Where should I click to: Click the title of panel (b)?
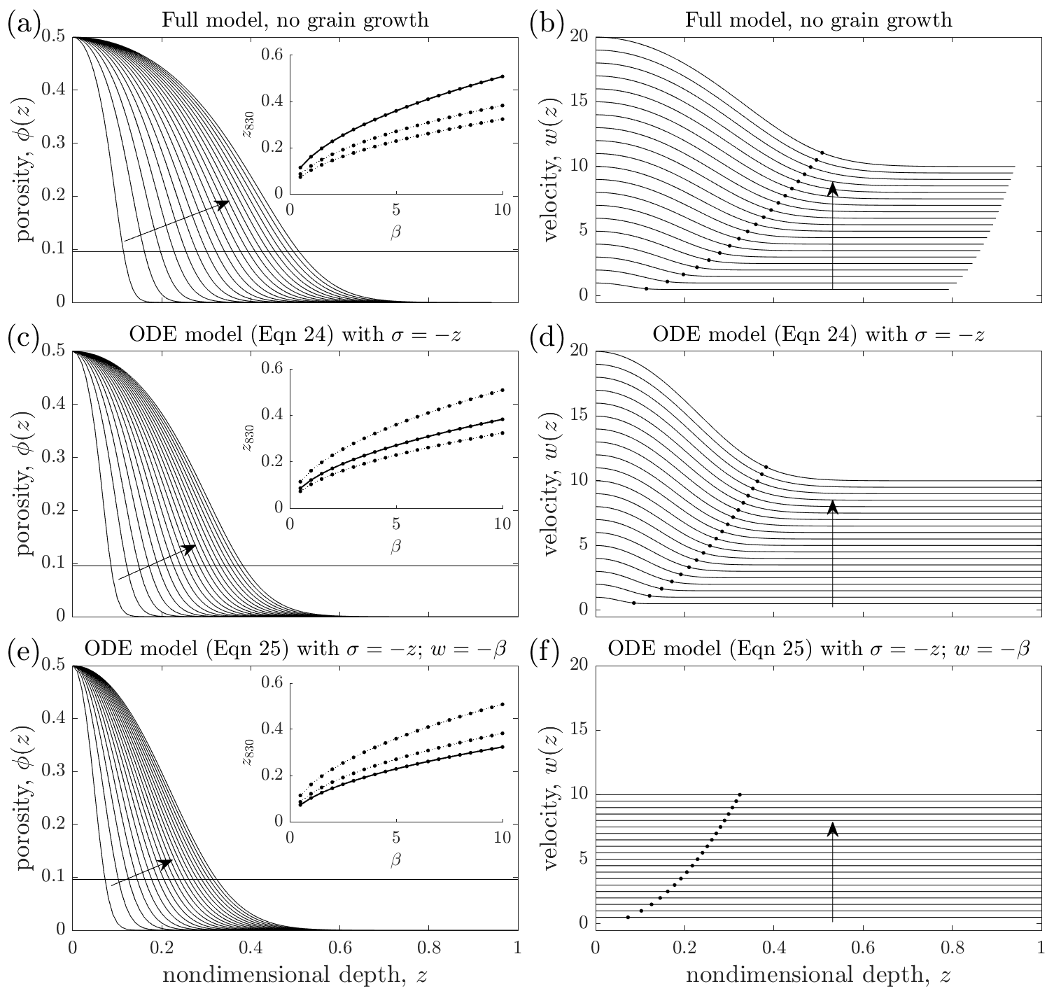[x=818, y=19]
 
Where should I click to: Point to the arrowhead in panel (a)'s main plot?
[x=223, y=204]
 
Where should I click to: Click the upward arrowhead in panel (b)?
[x=833, y=188]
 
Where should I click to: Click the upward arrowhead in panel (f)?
[x=833, y=829]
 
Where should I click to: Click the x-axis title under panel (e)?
[x=295, y=976]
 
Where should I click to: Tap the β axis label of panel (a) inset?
[x=396, y=233]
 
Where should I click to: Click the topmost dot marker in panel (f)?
[x=740, y=794]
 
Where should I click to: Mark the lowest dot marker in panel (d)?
[x=634, y=603]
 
